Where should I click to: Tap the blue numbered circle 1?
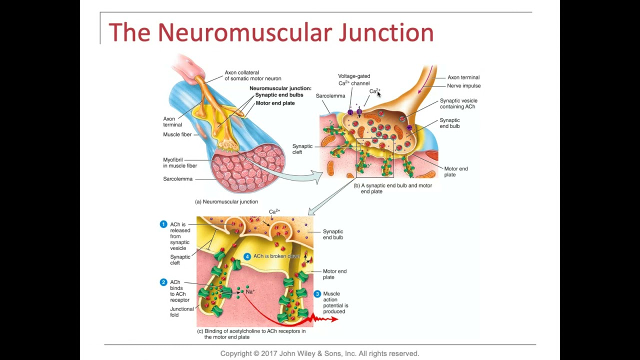tap(163, 224)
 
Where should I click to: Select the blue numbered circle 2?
tap(163, 282)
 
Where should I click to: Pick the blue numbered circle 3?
tap(317, 294)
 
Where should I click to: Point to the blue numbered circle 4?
tap(247, 256)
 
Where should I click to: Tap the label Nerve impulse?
tap(463, 86)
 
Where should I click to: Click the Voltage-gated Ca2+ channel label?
tap(354, 80)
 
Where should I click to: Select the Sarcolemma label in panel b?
tap(330, 96)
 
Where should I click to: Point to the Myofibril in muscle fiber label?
tap(179, 163)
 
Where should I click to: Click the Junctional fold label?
tap(181, 312)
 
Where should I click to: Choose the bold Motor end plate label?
tap(275, 103)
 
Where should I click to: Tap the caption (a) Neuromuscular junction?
tap(226, 202)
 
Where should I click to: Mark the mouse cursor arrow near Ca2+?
tap(379, 94)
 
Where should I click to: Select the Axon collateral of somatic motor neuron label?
tap(252, 75)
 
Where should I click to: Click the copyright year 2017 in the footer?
tap(269, 353)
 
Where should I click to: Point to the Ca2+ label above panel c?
tap(274, 211)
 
